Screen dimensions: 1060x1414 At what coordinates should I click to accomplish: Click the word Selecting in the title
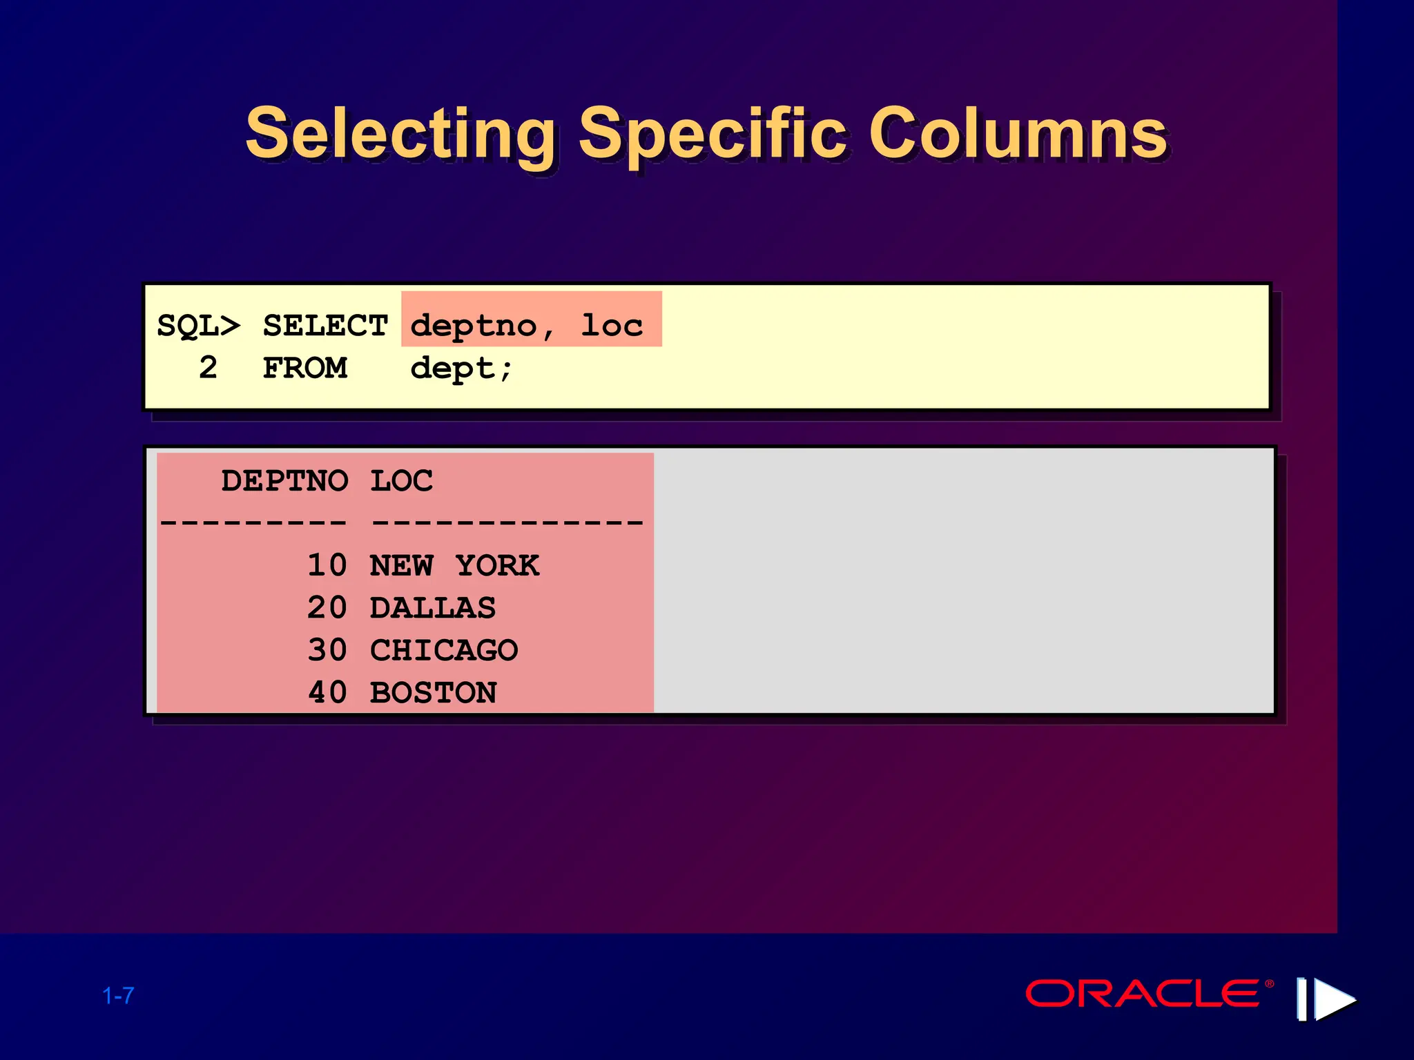pyautogui.click(x=400, y=134)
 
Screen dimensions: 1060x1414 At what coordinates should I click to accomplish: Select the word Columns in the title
pyautogui.click(x=1018, y=134)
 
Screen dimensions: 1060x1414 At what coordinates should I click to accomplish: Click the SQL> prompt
pyautogui.click(x=199, y=326)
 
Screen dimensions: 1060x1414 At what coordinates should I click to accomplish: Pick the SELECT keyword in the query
pyautogui.click(x=325, y=326)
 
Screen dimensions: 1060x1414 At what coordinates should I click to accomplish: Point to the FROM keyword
pyautogui.click(x=304, y=368)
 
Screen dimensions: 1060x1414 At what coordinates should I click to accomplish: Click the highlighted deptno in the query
pyautogui.click(x=474, y=326)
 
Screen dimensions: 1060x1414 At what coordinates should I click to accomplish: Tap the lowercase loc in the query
pyautogui.click(x=612, y=326)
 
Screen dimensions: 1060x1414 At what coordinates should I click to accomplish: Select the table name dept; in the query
pyautogui.click(x=461, y=369)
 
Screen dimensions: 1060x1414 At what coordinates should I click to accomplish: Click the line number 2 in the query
pyautogui.click(x=208, y=368)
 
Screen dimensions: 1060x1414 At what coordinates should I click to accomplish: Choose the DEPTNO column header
pyautogui.click(x=284, y=481)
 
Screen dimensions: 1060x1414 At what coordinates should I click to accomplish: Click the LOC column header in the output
pyautogui.click(x=402, y=481)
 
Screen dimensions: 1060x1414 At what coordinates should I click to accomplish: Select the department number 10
pyautogui.click(x=327, y=566)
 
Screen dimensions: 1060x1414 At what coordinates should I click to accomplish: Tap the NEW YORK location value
pyautogui.click(x=454, y=566)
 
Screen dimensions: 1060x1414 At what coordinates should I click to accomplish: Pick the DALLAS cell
pyautogui.click(x=433, y=608)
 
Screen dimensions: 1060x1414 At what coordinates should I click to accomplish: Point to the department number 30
pyautogui.click(x=327, y=650)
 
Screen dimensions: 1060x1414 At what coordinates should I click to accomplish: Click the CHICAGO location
pyautogui.click(x=444, y=650)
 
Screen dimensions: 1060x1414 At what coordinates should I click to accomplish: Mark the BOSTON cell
pyautogui.click(x=434, y=693)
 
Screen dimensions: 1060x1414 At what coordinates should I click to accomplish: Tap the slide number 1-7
pyautogui.click(x=118, y=996)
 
